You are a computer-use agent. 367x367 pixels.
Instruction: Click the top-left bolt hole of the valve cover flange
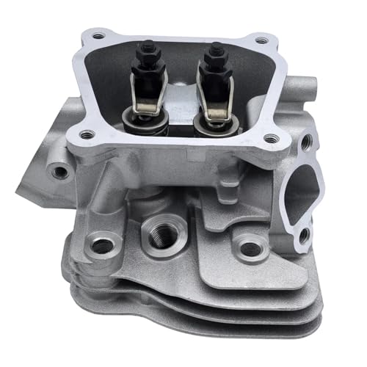pos(97,34)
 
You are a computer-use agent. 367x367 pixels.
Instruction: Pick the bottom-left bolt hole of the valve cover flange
pos(87,134)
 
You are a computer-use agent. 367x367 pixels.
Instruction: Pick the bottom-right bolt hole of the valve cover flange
pos(267,137)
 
